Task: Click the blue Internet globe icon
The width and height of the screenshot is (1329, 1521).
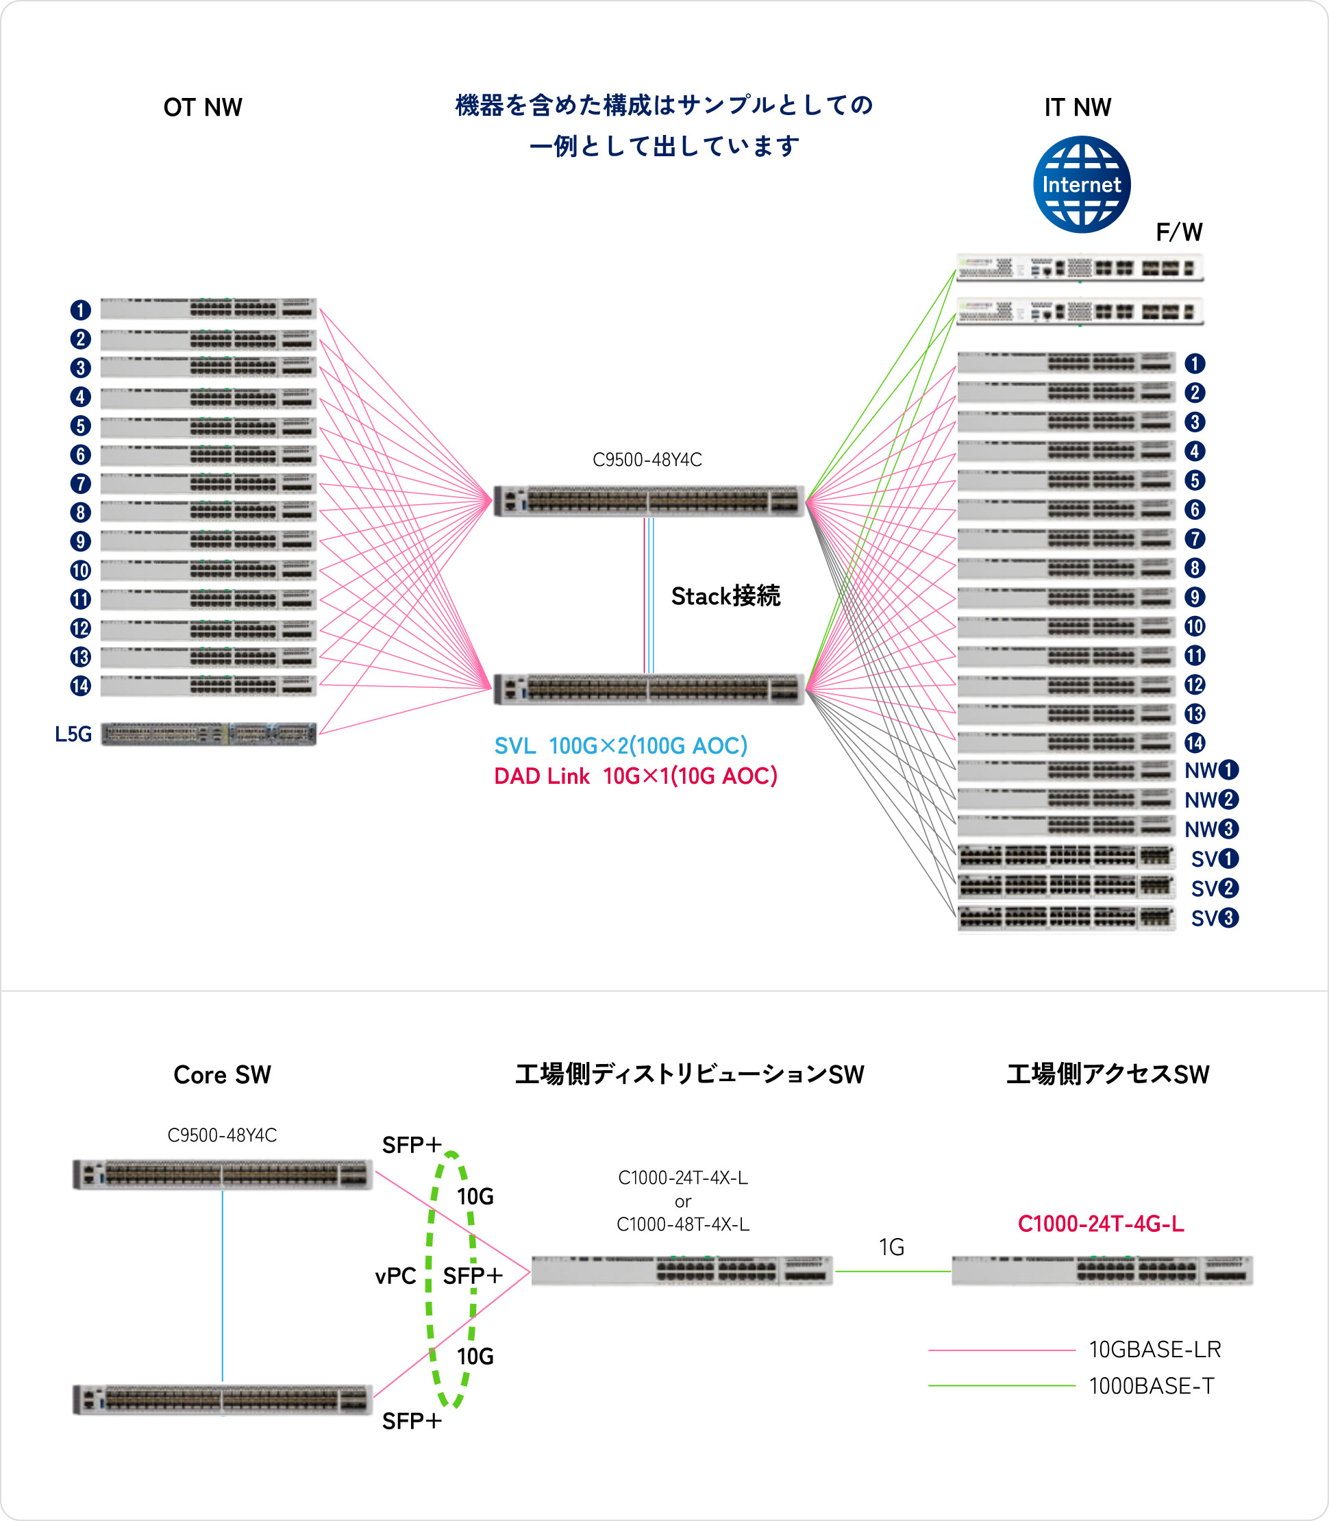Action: pyautogui.click(x=1081, y=184)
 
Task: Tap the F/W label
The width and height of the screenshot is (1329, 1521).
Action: pyautogui.click(x=1179, y=232)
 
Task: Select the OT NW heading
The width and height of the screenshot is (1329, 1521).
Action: pyautogui.click(x=203, y=107)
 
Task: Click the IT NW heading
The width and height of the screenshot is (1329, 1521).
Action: pyautogui.click(x=1078, y=107)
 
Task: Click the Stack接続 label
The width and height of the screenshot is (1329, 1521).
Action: pyautogui.click(x=725, y=595)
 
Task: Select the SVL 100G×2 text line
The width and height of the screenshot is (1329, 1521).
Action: pyautogui.click(x=621, y=745)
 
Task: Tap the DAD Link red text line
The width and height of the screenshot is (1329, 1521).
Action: pyautogui.click(x=636, y=776)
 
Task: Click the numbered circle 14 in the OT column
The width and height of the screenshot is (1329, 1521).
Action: pyautogui.click(x=80, y=686)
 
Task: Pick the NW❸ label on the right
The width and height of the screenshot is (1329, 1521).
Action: pyautogui.click(x=1211, y=828)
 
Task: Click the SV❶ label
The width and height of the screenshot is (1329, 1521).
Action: pyautogui.click(x=1215, y=858)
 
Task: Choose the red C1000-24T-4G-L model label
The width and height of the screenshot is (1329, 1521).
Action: pyautogui.click(x=1101, y=1224)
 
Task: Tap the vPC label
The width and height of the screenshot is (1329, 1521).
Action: pyautogui.click(x=395, y=1276)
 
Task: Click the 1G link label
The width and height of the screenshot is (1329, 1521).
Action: pyautogui.click(x=891, y=1247)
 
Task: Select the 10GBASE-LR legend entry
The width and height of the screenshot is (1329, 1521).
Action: pyautogui.click(x=1075, y=1349)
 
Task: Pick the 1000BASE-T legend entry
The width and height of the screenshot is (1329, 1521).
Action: pyautogui.click(x=1071, y=1385)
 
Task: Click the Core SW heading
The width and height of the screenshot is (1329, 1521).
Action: pyautogui.click(x=222, y=1074)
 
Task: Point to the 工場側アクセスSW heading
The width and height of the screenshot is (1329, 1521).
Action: pyautogui.click(x=1107, y=1074)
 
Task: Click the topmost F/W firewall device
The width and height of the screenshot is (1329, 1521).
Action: pyautogui.click(x=1080, y=268)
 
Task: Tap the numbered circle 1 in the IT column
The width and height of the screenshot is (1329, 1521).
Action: pyautogui.click(x=1194, y=363)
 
